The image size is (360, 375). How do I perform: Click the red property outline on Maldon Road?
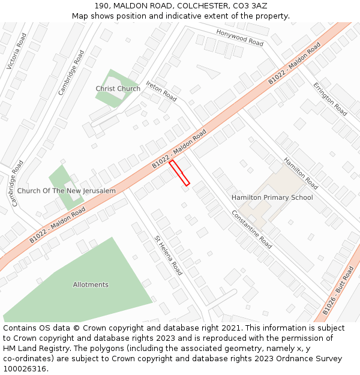[179, 173]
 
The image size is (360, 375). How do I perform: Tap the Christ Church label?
[118, 89]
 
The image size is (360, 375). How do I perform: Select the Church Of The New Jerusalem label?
[66, 191]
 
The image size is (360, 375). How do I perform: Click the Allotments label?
[91, 284]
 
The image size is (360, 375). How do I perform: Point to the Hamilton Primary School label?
[272, 197]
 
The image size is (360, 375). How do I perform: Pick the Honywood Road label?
[239, 38]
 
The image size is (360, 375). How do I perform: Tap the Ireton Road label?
[161, 91]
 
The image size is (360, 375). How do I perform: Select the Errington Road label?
[330, 99]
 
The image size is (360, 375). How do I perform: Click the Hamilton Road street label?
[301, 173]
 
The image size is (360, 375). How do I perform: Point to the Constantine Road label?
[251, 229]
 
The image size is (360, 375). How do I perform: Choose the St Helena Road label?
[169, 255]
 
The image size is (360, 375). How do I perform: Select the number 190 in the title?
[102, 5]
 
